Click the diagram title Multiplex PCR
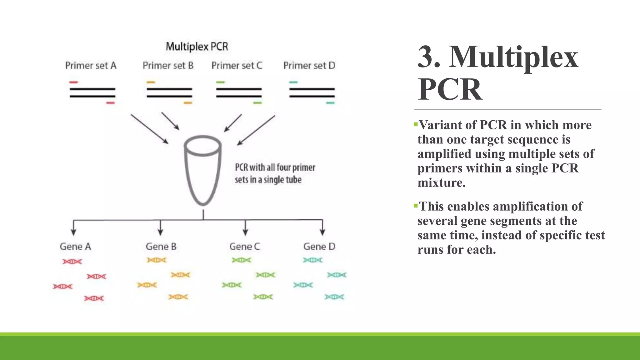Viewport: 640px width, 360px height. [197, 47]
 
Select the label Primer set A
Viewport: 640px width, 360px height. [91, 66]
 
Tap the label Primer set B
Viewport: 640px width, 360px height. [168, 66]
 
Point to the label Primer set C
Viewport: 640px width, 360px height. [237, 66]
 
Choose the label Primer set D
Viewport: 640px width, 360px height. [309, 66]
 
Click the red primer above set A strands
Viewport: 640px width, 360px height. [73, 82]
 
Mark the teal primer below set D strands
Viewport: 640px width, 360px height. [330, 103]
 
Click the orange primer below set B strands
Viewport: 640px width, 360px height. [188, 103]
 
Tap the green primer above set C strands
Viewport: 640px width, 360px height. [220, 82]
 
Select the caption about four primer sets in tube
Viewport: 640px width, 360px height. [275, 173]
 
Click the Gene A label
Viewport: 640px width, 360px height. [75, 247]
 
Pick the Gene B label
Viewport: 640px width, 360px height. [161, 247]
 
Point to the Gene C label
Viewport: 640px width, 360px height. [245, 247]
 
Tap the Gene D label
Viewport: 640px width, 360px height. [319, 247]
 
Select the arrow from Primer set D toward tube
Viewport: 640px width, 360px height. [256, 130]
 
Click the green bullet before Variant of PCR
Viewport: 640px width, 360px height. [415, 124]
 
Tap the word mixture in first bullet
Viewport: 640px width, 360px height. [442, 183]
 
